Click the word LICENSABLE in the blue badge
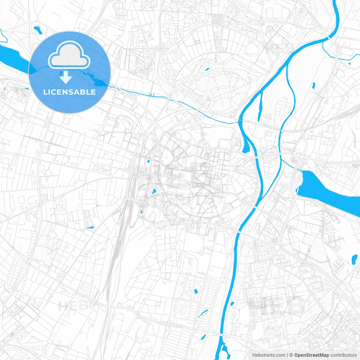(x=69, y=92)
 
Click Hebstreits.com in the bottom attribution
(x=269, y=355)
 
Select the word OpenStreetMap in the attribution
(x=312, y=355)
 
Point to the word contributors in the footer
(x=343, y=355)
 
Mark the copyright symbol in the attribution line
(x=291, y=355)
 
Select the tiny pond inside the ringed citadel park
(x=207, y=69)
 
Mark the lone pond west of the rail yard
(x=91, y=227)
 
